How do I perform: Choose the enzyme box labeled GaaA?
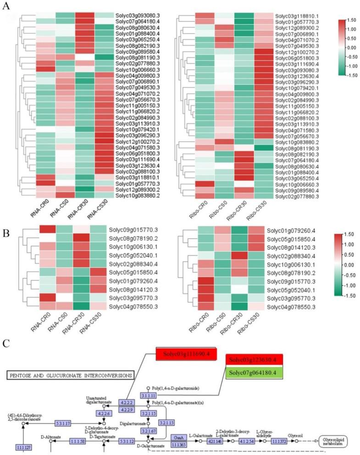(x=178, y=438)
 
